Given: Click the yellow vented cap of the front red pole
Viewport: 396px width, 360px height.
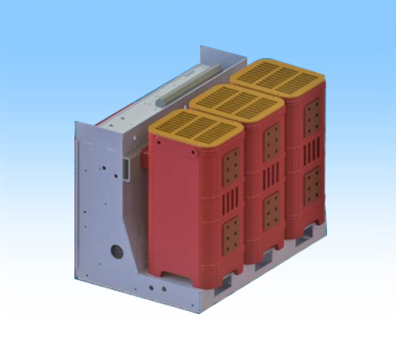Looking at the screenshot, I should (x=191, y=128).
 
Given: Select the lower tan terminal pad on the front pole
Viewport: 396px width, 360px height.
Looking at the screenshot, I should (x=232, y=232).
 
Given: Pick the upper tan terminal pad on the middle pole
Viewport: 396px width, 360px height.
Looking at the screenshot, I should (x=272, y=140).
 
